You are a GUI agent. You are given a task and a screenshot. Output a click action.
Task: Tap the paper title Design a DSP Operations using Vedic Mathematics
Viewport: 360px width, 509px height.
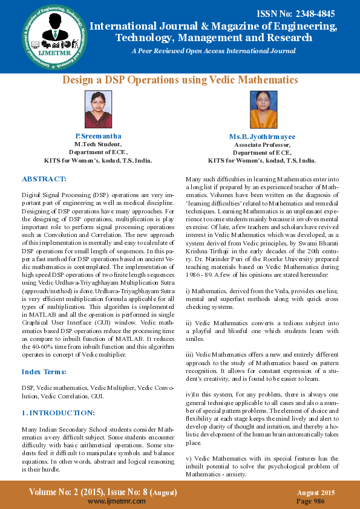(x=180, y=80)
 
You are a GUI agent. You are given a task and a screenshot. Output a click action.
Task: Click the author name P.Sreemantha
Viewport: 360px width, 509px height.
(x=98, y=137)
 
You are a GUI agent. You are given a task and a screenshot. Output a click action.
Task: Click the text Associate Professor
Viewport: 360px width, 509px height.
(x=262, y=145)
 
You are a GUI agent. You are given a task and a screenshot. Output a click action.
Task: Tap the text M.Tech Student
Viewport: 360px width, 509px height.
(x=98, y=144)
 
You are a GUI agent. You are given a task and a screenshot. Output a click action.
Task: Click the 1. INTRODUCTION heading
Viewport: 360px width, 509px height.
(x=58, y=412)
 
